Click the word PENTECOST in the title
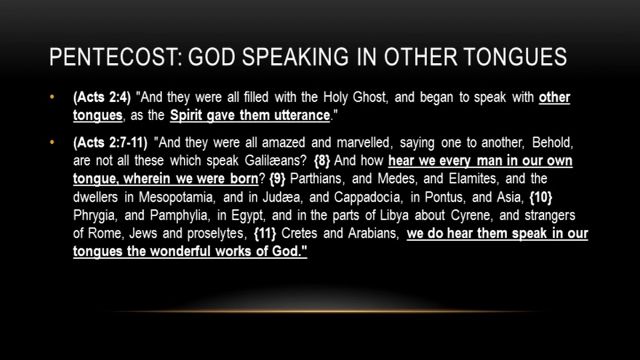[x=115, y=57]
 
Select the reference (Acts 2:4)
[x=102, y=97]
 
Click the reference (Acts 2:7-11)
[x=110, y=142]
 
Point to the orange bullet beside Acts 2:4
[x=52, y=97]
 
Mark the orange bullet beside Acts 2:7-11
[x=52, y=142]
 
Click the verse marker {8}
[x=322, y=161]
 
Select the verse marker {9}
[x=277, y=179]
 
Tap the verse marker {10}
[x=541, y=197]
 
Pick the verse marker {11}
[x=265, y=233]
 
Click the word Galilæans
[x=275, y=160]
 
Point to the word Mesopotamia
[x=177, y=197]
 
